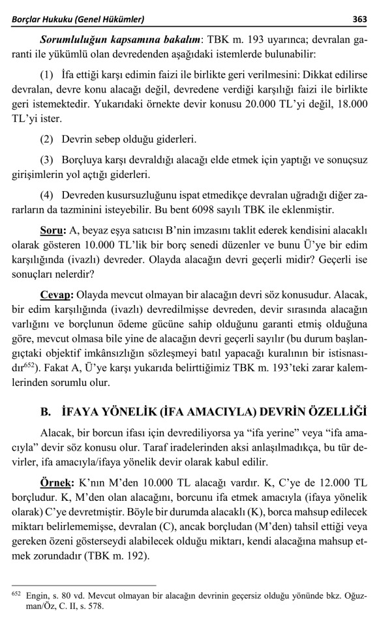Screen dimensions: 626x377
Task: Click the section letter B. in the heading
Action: [46, 411]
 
